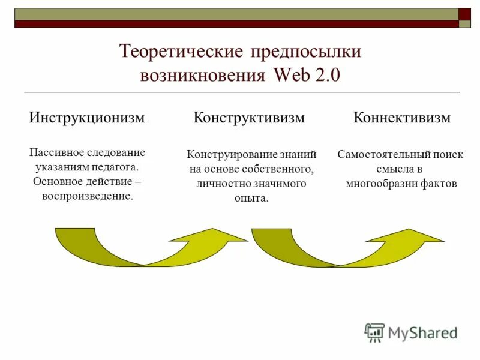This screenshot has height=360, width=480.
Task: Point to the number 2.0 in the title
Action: (327, 76)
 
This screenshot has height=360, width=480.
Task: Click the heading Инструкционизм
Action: (87, 118)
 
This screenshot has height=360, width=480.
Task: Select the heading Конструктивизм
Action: (249, 118)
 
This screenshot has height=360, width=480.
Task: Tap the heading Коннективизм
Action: (402, 118)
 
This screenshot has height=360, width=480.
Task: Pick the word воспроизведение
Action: (88, 196)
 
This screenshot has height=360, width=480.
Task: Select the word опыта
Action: (251, 198)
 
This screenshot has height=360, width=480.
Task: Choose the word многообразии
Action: (379, 184)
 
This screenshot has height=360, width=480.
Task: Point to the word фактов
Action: (440, 184)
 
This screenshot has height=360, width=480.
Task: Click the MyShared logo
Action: (411, 332)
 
